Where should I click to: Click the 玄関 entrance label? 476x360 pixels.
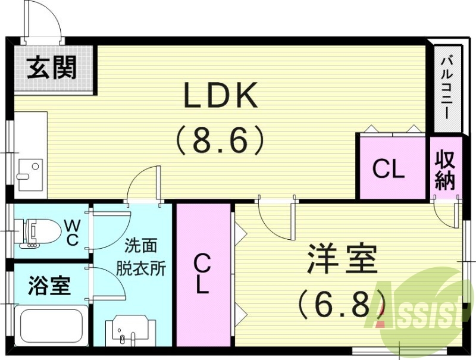tap(52, 68)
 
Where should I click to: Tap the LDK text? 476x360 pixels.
tap(220, 95)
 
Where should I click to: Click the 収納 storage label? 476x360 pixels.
tap(445, 170)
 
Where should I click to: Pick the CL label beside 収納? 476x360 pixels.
tap(389, 170)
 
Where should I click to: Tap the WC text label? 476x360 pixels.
tap(72, 232)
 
